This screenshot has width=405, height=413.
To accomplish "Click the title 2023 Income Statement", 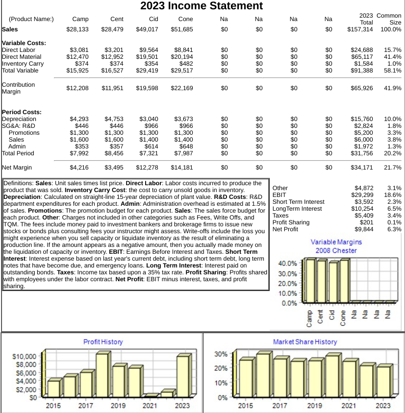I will pos(202,6).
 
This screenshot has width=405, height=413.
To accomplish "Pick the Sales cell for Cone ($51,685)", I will pos(182,29).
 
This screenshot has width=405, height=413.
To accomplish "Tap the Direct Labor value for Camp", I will pos(79,50).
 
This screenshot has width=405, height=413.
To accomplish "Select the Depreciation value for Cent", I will pos(114,119).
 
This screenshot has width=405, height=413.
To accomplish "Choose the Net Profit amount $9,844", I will pos(364,229).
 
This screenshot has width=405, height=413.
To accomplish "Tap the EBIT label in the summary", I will pos(279,195).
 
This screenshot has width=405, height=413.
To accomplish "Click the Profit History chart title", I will pos(103,341).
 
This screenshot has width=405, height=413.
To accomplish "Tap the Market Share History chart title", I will pos(305,341).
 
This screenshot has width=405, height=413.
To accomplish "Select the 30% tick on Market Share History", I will pos(221,354).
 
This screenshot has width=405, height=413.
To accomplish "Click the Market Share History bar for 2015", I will pos(246,378).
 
